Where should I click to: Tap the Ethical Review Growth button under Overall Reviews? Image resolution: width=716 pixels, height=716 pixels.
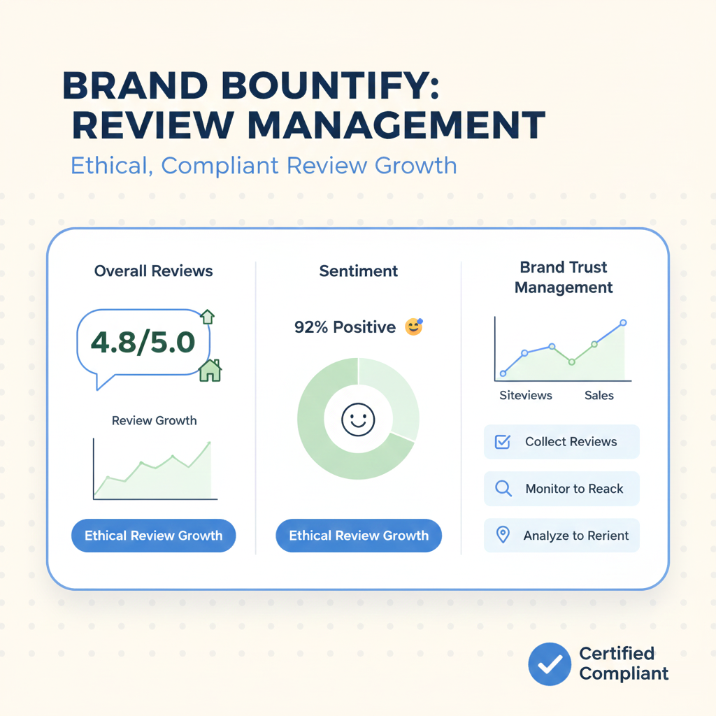(153, 536)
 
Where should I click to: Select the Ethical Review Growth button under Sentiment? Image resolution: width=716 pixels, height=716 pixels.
(359, 536)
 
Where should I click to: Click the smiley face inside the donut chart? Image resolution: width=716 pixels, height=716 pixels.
(358, 420)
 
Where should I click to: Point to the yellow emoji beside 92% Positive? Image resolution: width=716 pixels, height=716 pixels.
(414, 327)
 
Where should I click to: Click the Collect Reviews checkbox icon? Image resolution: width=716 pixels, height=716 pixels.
(502, 442)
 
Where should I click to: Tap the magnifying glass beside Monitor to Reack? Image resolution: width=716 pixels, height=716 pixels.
(503, 489)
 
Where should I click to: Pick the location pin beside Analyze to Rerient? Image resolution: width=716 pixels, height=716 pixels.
(502, 535)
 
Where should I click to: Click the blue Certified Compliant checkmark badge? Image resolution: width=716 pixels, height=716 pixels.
(550, 664)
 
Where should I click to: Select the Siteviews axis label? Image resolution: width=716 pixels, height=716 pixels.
(526, 396)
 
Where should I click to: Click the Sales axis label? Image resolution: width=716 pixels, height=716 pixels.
(599, 396)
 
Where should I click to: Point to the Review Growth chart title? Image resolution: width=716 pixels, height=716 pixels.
(154, 421)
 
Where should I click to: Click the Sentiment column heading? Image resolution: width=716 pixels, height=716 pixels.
(359, 271)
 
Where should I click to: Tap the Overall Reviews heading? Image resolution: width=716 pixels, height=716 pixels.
(154, 271)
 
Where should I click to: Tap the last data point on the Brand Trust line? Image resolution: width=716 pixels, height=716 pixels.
(623, 323)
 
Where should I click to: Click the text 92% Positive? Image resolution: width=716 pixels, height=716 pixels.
(345, 327)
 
